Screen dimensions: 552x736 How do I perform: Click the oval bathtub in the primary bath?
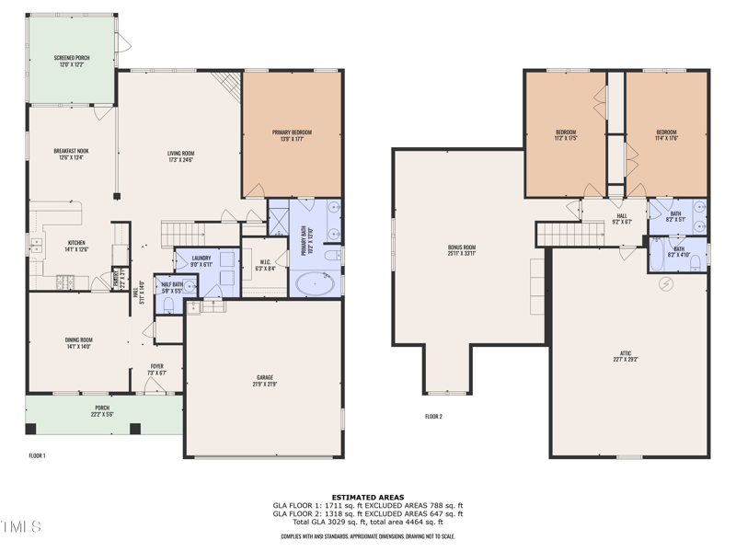tap(316, 283)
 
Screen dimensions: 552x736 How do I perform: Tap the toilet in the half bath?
tap(168, 303)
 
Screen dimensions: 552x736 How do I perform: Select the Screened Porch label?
tap(70, 61)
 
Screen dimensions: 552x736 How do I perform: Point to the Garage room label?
tap(265, 380)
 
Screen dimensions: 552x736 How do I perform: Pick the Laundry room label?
tap(201, 262)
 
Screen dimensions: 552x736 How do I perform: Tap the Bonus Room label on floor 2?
tap(461, 250)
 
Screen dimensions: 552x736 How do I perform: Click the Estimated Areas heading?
tap(368, 497)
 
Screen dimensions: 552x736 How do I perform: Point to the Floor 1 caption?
tap(37, 454)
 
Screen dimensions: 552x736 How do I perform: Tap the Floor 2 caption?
tap(433, 417)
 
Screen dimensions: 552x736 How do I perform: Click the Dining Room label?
tap(78, 343)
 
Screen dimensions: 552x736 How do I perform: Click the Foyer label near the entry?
tap(157, 369)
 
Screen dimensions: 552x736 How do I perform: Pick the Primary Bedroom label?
tap(292, 135)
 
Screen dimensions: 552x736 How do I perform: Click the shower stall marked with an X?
tap(277, 218)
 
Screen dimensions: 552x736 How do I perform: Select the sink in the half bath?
tap(190, 286)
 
